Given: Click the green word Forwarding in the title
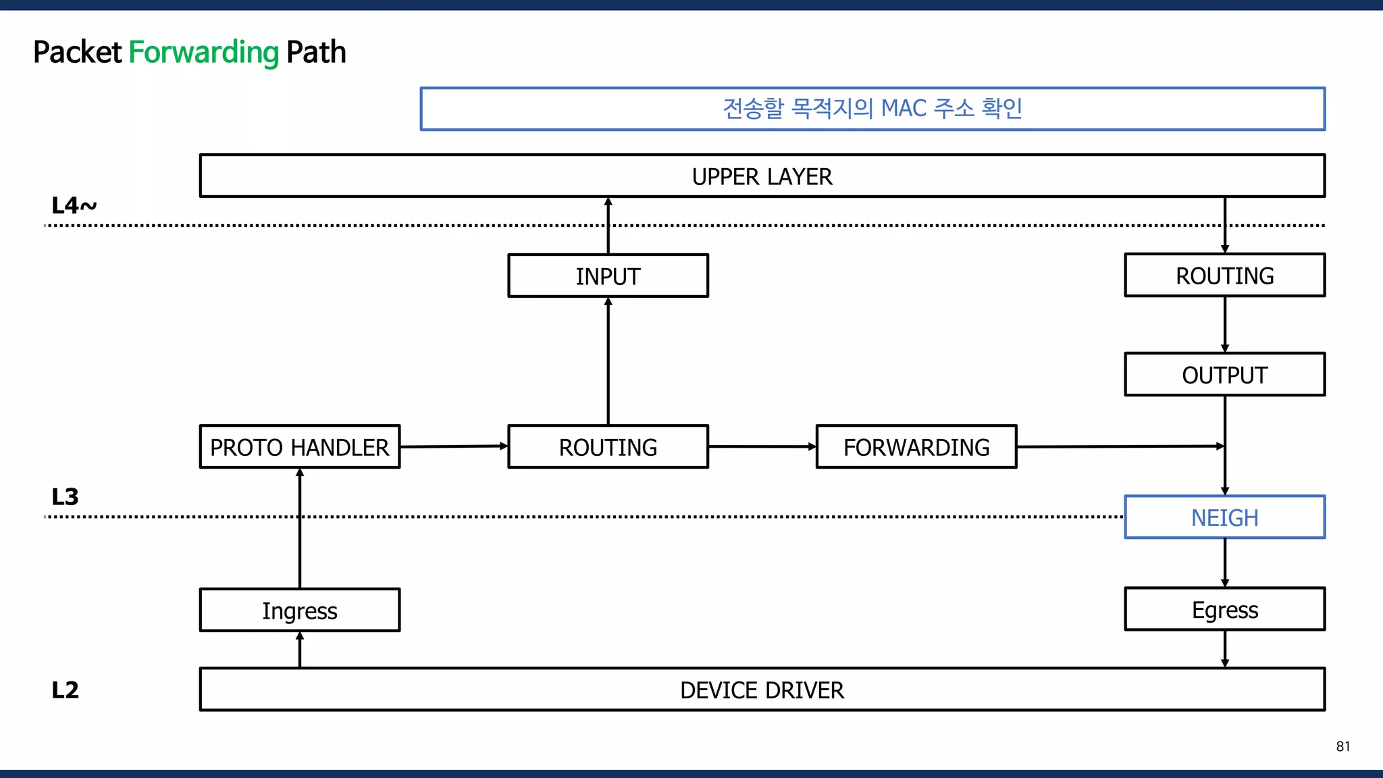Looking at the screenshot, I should coord(203,52).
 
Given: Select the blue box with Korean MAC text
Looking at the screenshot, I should coord(872,109).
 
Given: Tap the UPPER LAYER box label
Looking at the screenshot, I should coord(762,177).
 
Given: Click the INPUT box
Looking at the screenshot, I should coord(608,276).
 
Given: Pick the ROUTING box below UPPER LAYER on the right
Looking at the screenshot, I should coord(1224,276).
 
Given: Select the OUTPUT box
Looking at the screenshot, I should coord(1224,375).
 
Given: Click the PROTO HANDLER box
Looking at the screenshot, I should coord(299,447).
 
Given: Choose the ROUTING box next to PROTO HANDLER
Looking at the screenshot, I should coord(608,447).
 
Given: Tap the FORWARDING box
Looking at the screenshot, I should coord(916,447).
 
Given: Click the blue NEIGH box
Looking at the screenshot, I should coord(1224,518).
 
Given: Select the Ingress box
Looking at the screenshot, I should coord(299,611).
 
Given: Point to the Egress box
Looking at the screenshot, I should coord(1224,610).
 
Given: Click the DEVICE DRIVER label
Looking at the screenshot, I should coord(762,690).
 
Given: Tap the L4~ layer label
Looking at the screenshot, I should coord(74,205).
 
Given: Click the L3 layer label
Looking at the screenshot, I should coord(65,497).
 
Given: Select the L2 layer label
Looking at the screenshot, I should coord(65,690).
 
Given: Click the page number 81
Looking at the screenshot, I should coord(1342,746).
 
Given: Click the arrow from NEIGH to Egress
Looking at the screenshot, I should coord(1225,563).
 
